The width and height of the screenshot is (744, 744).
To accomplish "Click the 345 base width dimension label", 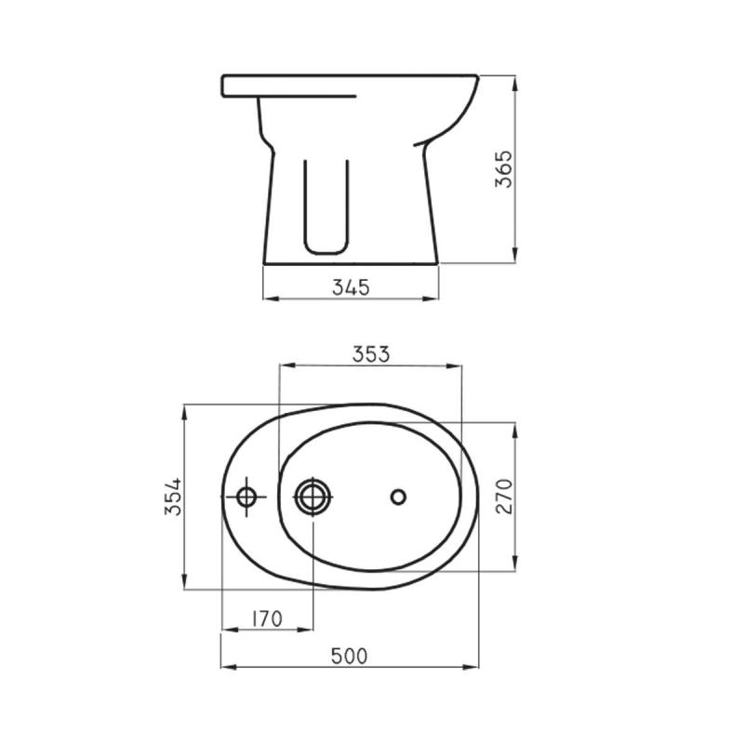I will [x=352, y=287].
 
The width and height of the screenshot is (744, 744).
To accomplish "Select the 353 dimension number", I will [x=370, y=353].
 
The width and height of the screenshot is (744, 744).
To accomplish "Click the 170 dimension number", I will [x=266, y=618].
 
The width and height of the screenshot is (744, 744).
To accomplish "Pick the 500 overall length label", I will [x=350, y=656].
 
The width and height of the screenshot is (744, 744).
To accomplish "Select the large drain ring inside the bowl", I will [x=312, y=497].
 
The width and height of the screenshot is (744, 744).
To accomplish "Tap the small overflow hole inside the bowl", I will [x=398, y=497].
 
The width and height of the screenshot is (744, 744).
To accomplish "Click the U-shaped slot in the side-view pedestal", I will [x=326, y=209].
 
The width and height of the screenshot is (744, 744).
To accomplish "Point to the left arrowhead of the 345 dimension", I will [x=269, y=299].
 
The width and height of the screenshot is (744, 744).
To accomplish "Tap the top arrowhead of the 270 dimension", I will [x=514, y=426].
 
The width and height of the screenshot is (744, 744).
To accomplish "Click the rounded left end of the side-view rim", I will [x=224, y=86].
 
